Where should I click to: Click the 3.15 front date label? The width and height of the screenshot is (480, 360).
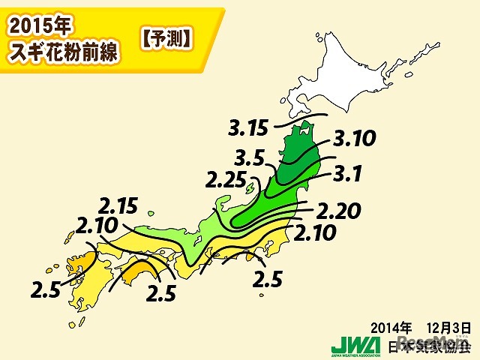[247, 128]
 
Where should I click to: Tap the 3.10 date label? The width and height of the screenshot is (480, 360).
[354, 139]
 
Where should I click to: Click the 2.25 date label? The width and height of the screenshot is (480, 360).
[224, 181]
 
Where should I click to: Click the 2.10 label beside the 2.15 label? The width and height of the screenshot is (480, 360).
[97, 223]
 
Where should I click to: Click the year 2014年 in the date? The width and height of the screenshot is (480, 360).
[391, 327]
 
